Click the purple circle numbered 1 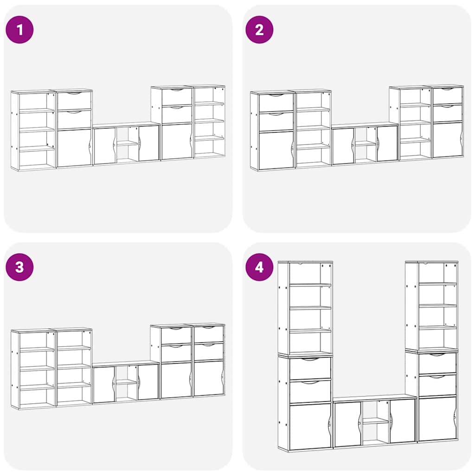(x=19, y=30)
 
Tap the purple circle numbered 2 (x=259, y=30)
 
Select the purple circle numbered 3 (x=19, y=267)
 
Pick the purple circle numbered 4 (x=259, y=267)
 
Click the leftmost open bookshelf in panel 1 (x=33, y=130)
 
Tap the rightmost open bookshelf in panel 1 (x=209, y=122)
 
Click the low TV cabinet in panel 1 (x=126, y=144)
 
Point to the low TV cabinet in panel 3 (x=126, y=382)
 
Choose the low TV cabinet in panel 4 (x=375, y=421)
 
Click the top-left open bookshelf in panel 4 (x=305, y=308)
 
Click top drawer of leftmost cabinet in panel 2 (x=276, y=103)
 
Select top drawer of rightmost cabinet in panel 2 (x=448, y=96)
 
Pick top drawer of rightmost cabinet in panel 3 (x=209, y=334)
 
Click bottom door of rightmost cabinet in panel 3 (x=209, y=379)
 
